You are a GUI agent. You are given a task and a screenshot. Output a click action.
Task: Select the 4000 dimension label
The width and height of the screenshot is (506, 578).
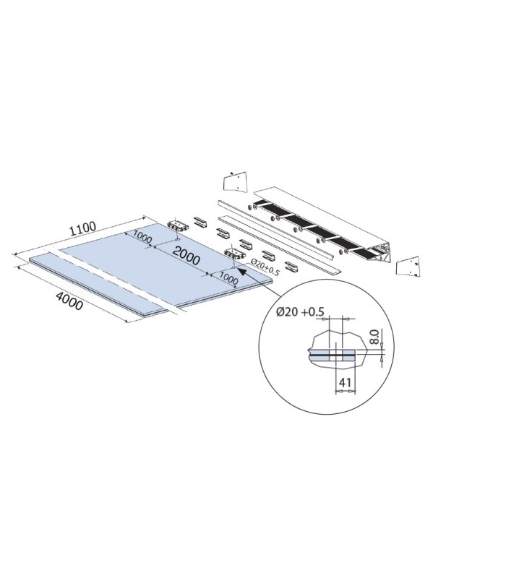[x=69, y=300]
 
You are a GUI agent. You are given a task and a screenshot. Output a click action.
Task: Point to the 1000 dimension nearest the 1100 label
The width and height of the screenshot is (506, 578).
[x=142, y=237]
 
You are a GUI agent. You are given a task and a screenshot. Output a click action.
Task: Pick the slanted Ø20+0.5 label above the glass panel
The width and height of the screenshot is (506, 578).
[x=265, y=267]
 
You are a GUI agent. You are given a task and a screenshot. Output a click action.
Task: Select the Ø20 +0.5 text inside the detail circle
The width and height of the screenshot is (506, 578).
[x=300, y=312]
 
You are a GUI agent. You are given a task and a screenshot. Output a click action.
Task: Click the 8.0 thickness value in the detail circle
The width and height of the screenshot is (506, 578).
[x=374, y=337]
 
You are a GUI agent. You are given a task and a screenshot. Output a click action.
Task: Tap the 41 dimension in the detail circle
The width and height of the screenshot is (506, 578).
[x=345, y=383]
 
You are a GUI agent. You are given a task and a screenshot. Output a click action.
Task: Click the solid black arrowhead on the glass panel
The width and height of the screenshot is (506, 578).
[x=242, y=272]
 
